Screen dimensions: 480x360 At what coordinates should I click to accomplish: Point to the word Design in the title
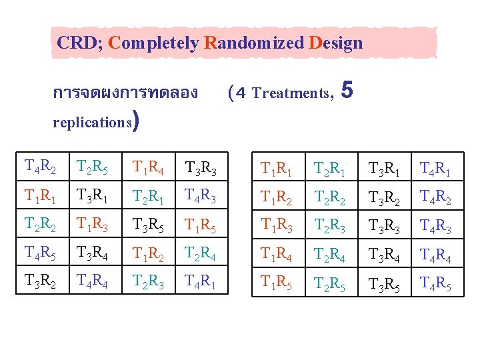pyautogui.click(x=336, y=43)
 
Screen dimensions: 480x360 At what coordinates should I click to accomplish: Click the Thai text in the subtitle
pyautogui.click(x=125, y=93)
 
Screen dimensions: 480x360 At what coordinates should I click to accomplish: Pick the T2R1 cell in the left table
pyautogui.click(x=147, y=197)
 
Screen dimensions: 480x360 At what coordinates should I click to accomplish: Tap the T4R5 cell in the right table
pyautogui.click(x=434, y=287)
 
